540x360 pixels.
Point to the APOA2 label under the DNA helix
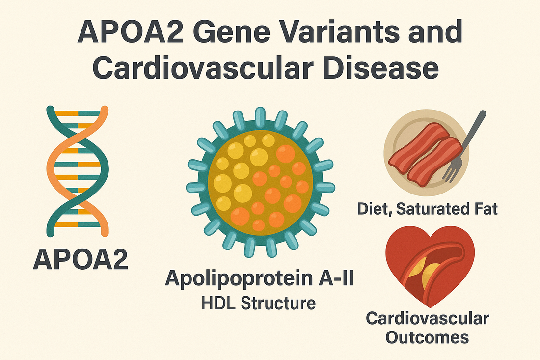[81, 259]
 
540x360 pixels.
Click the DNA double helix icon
[78, 171]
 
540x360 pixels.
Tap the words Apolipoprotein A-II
[260, 278]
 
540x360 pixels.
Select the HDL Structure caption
[259, 303]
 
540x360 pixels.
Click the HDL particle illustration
[260, 182]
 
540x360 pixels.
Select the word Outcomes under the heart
[427, 337]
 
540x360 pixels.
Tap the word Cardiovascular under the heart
[428, 318]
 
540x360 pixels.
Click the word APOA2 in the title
[131, 32]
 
